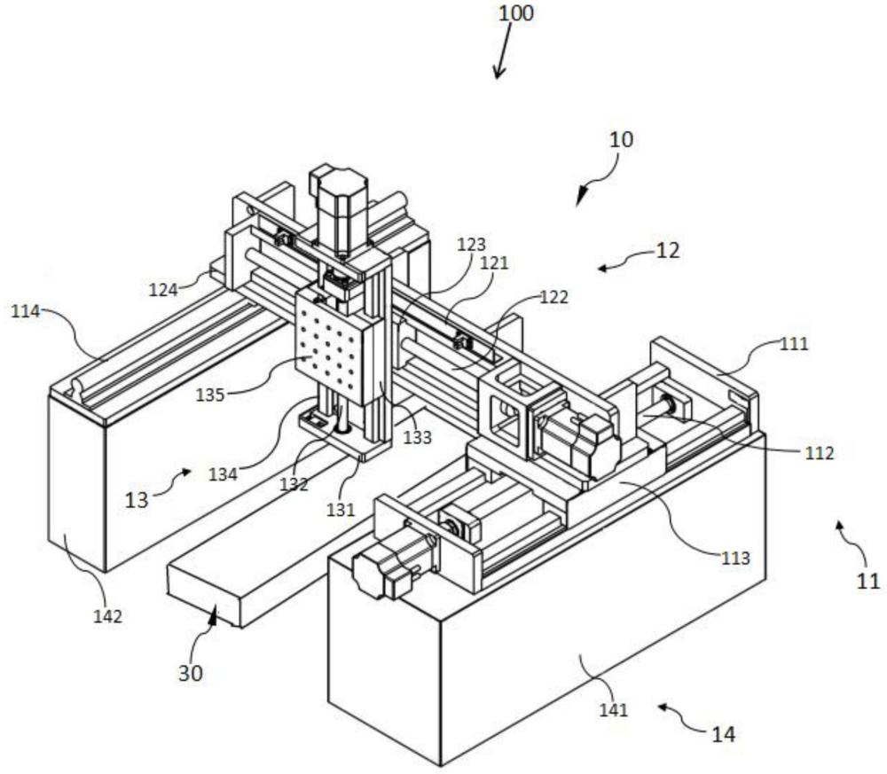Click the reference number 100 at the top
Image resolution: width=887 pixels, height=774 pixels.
point(515,13)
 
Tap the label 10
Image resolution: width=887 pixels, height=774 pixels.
point(621,139)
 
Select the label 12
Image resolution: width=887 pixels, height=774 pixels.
point(668,250)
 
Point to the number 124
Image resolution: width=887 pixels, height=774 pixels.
point(163,289)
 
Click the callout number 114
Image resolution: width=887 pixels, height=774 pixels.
point(26,311)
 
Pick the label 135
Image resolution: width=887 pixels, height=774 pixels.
point(210,395)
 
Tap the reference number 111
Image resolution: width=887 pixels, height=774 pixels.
point(794,343)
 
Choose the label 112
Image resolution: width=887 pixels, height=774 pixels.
point(819,452)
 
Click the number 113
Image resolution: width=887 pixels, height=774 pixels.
point(734,558)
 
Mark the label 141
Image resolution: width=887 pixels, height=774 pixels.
point(614,709)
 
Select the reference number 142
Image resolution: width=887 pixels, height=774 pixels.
point(107,616)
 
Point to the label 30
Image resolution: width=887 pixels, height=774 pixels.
point(191,673)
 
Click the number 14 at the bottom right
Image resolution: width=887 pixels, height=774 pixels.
point(723,734)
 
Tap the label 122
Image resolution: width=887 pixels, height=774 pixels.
point(553,297)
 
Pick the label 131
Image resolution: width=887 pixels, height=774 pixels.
point(341,510)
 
